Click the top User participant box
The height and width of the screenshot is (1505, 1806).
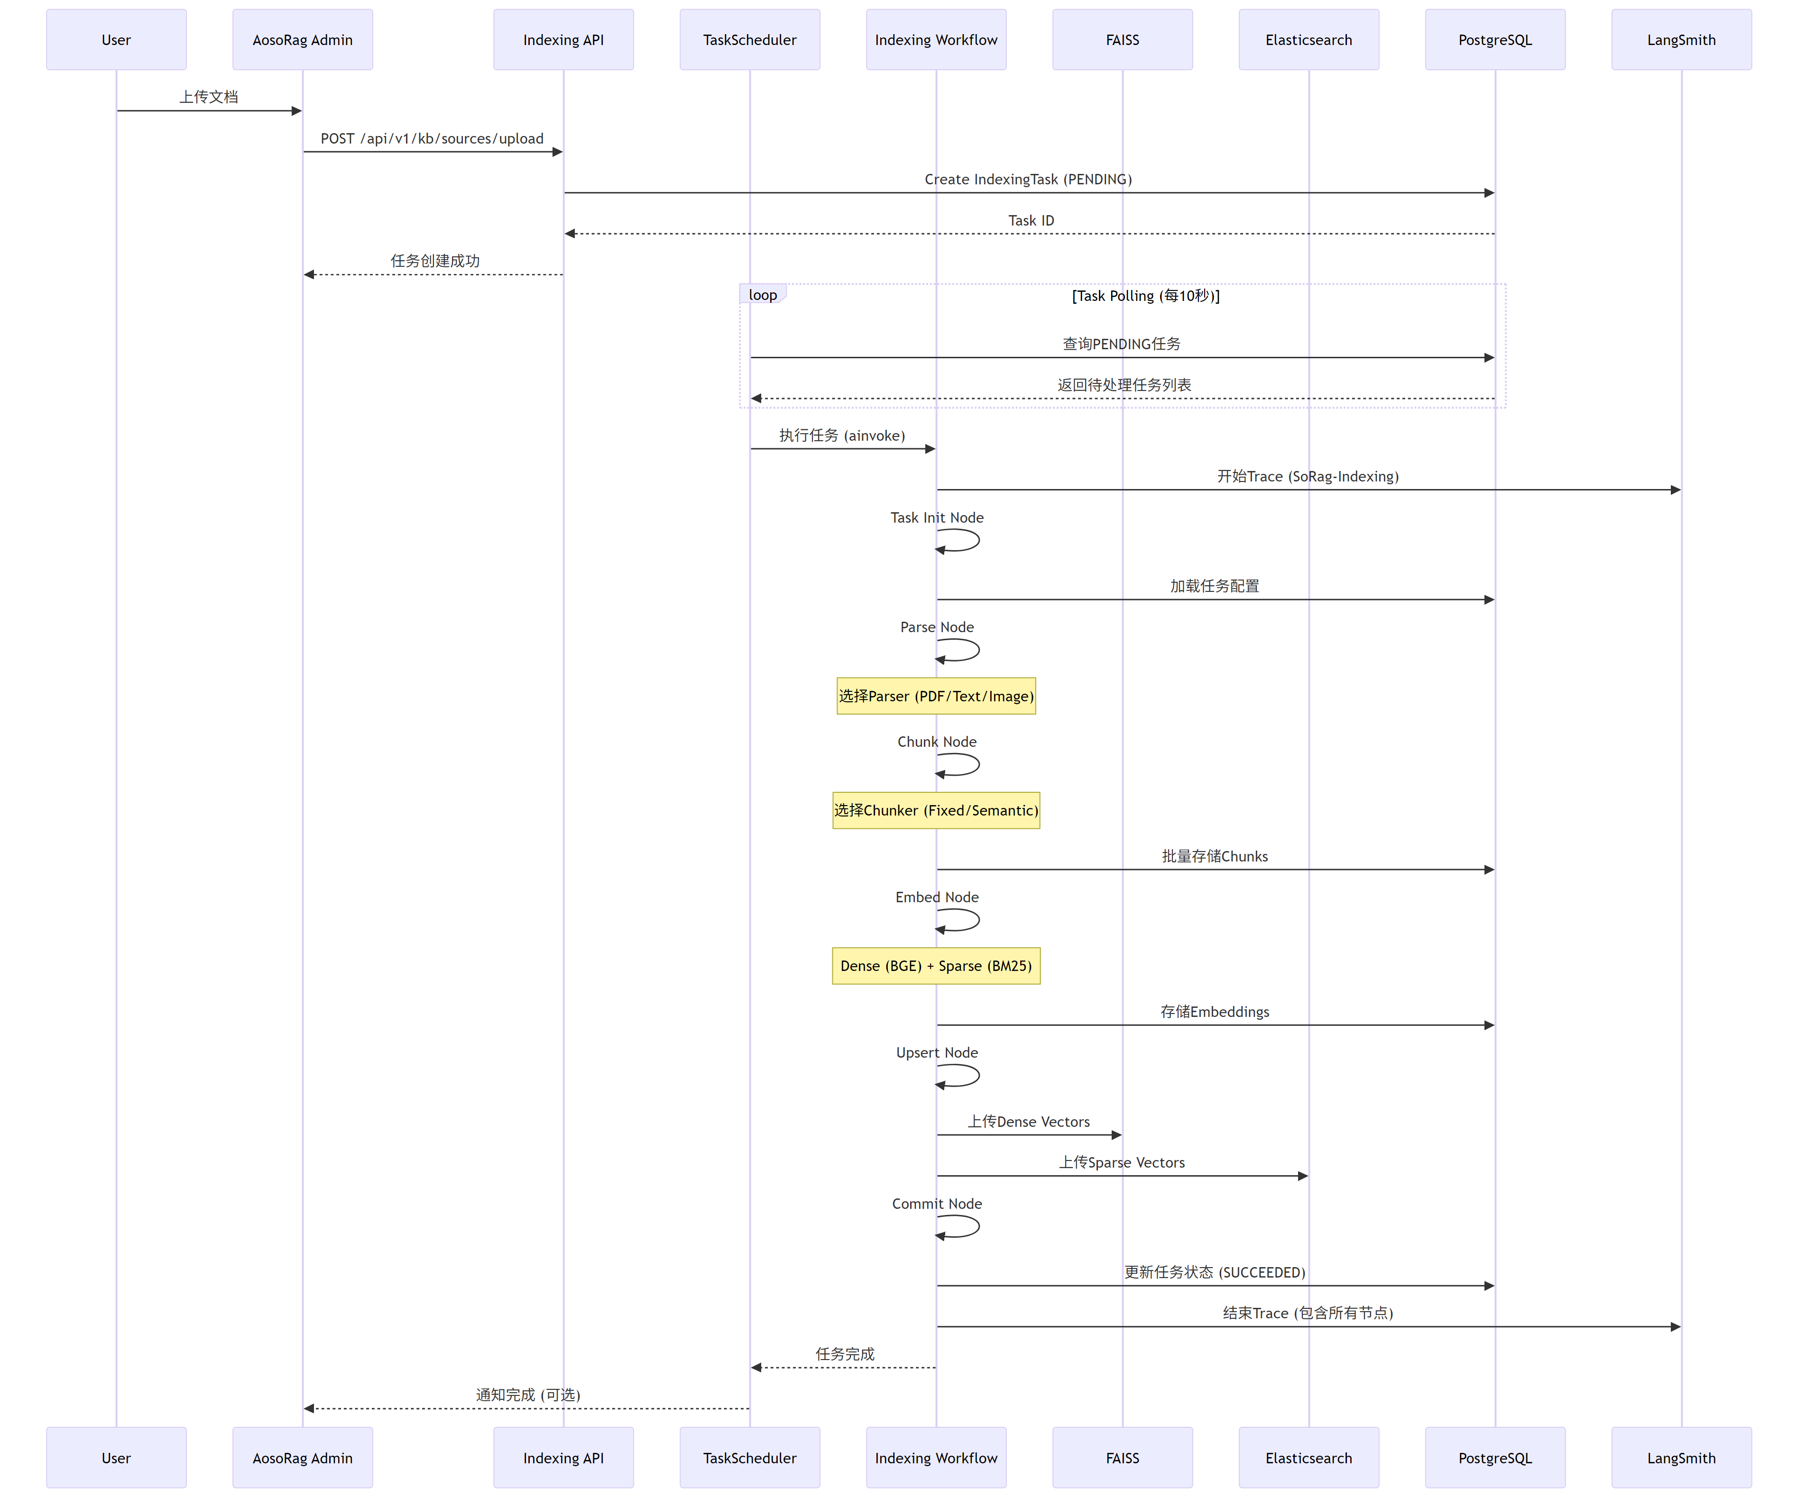(116, 39)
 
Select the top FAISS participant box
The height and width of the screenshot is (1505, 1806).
(1122, 39)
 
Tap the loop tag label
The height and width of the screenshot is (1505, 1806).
(762, 295)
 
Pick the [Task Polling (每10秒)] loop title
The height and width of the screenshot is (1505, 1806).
(1145, 296)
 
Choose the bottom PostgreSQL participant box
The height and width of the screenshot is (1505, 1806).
(1495, 1458)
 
